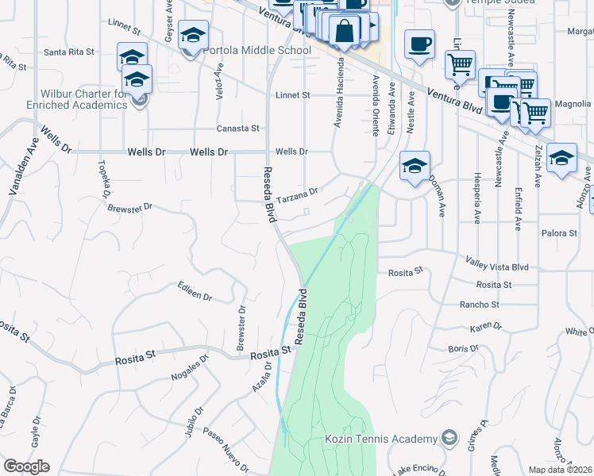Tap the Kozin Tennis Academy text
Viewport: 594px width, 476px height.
point(380,439)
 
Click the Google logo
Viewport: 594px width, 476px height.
point(26,466)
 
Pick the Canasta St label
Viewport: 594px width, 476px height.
point(238,128)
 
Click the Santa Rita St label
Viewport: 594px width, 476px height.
point(69,52)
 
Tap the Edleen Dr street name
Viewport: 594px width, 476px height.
point(195,291)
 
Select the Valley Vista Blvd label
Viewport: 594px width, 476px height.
point(496,267)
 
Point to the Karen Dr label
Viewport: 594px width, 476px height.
point(487,326)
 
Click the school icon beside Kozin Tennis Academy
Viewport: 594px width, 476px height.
point(449,438)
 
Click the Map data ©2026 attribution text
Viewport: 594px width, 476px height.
point(561,470)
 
